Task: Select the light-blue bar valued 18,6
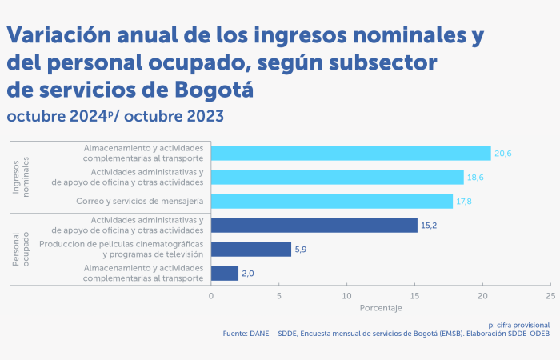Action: (337, 178)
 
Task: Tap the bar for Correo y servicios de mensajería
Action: (331, 202)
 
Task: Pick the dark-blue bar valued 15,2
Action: (314, 226)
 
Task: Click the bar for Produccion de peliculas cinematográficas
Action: (250, 250)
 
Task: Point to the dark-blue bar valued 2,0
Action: (224, 274)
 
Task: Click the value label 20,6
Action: (503, 154)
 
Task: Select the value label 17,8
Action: (465, 202)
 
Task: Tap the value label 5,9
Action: (302, 250)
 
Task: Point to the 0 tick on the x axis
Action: (211, 296)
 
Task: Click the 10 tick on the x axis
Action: (346, 296)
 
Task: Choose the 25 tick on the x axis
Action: (550, 296)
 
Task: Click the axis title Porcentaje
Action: (380, 308)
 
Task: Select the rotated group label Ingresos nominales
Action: (21, 178)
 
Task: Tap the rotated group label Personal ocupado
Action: (21, 250)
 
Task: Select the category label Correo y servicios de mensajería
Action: (140, 202)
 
